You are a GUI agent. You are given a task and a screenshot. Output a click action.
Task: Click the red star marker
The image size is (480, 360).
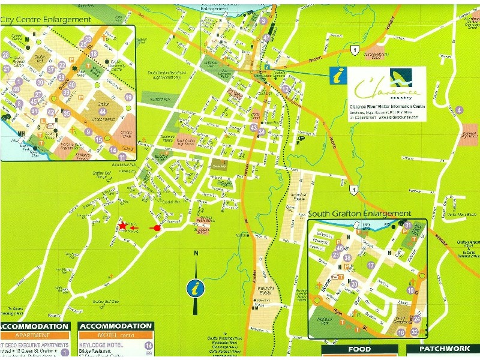click(x=122, y=226)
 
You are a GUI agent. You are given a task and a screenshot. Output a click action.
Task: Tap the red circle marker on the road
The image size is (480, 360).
click(x=158, y=228)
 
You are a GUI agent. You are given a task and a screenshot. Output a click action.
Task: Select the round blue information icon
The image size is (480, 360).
click(x=193, y=289)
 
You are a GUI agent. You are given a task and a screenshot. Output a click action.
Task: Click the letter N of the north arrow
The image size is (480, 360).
click(x=196, y=254)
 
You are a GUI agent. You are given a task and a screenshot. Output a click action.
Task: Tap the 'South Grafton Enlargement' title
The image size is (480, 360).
click(x=360, y=214)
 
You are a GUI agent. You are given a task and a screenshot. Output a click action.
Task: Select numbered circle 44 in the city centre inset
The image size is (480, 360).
click(x=103, y=112)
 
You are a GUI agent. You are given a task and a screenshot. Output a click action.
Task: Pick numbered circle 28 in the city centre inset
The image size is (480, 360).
click(x=6, y=55)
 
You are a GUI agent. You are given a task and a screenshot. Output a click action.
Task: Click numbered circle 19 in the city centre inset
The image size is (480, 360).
click(x=128, y=97)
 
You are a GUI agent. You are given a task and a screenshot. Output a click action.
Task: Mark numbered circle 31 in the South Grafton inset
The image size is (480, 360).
click(x=407, y=226)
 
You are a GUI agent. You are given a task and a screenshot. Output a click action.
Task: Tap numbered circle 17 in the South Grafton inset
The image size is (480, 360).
click(x=371, y=265)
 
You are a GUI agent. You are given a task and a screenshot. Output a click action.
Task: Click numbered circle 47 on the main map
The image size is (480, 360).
click(x=266, y=38)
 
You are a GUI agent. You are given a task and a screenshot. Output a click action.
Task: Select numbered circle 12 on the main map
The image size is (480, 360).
click(x=286, y=89)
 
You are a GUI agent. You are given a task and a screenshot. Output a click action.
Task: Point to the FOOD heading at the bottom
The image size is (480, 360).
click(x=359, y=349)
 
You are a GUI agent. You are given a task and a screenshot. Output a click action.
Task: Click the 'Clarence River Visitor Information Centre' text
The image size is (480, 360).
click(x=387, y=106)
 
